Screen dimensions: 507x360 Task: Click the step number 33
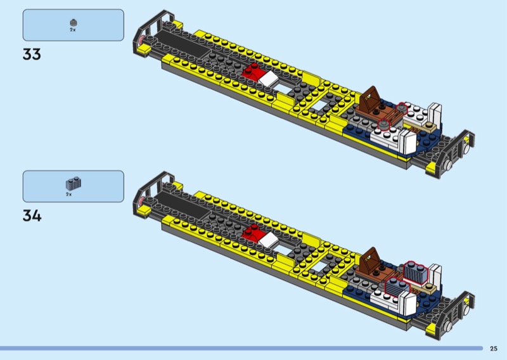(32, 55)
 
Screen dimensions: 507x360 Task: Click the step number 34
(32, 215)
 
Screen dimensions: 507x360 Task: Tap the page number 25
(494, 349)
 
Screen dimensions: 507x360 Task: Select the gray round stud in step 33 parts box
(74, 23)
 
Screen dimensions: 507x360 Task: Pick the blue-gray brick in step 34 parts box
(74, 183)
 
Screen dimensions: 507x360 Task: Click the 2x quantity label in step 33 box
(73, 30)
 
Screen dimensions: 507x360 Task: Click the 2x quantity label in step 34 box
(69, 195)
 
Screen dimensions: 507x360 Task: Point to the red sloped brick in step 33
(251, 72)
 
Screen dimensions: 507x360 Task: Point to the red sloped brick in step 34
(251, 233)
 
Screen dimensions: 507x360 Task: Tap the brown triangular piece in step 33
(371, 98)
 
